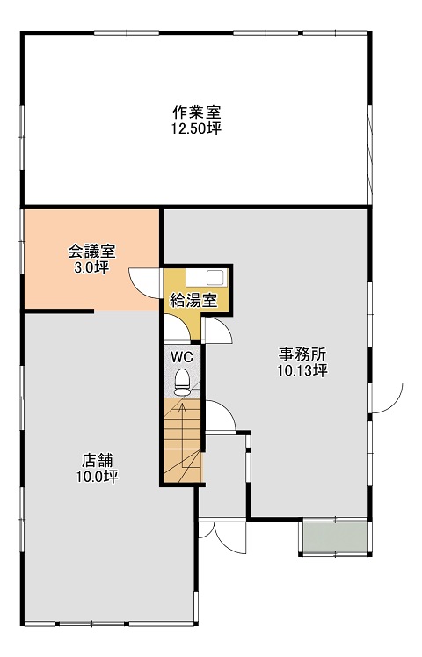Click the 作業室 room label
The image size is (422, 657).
pos(197,113)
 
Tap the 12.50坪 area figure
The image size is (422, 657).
pos(196,128)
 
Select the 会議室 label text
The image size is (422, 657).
pos(91,252)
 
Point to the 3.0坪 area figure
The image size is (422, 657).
pos(91,267)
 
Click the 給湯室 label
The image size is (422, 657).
pos(193,301)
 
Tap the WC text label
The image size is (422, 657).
pos(183,357)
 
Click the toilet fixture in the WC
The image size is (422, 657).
pos(182,382)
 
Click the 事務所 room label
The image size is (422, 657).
pos(302,354)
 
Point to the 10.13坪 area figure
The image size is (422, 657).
pos(302,370)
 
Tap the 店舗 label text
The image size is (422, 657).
pos(97,461)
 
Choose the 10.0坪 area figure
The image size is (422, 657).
pos(97,477)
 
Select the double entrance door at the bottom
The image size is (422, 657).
pos(222,538)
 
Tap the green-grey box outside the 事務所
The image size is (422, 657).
pos(335,538)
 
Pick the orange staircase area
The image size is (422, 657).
pos(183,441)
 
